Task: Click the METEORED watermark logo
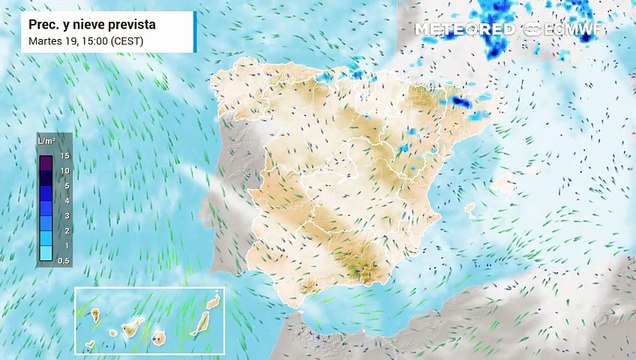(x=465, y=30)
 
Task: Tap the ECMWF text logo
(x=576, y=30)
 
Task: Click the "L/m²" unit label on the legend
(x=46, y=143)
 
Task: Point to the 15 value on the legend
(x=64, y=156)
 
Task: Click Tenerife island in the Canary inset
(x=130, y=326)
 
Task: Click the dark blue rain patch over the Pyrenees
(x=460, y=101)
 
